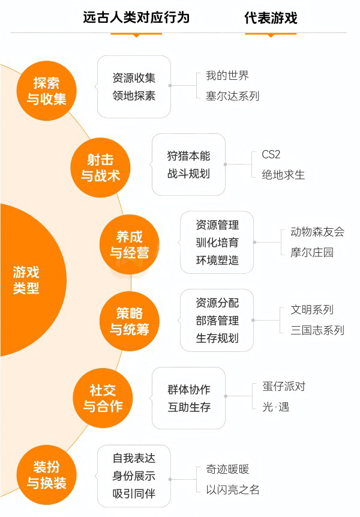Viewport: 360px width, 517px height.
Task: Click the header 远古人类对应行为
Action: click(x=136, y=17)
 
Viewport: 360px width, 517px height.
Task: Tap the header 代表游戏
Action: click(x=271, y=18)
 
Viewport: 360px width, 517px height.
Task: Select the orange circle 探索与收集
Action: click(x=46, y=91)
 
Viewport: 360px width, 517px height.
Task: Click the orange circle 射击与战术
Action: click(x=100, y=168)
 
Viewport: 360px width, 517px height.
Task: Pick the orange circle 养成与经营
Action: click(x=130, y=244)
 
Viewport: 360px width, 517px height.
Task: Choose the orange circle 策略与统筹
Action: click(x=130, y=321)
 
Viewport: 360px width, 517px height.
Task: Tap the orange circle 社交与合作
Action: click(x=103, y=398)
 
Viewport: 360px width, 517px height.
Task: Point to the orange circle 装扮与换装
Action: click(x=46, y=475)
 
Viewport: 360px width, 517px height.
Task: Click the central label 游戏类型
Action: click(x=26, y=280)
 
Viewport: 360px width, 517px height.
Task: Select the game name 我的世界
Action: click(x=227, y=76)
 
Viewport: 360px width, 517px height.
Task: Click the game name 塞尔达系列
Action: click(x=233, y=96)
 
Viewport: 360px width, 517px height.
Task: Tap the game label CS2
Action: click(x=271, y=154)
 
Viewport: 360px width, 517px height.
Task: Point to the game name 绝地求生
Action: click(x=283, y=175)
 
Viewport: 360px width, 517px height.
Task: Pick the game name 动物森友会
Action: click(x=317, y=232)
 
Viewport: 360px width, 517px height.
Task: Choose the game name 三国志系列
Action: click(x=317, y=330)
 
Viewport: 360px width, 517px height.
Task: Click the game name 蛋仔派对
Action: click(x=284, y=387)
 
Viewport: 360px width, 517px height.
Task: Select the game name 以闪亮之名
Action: click(x=233, y=489)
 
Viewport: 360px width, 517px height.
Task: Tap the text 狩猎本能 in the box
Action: click(x=188, y=156)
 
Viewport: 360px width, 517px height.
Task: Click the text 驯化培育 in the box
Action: click(x=217, y=243)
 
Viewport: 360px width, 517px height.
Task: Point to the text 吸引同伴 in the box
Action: click(x=134, y=494)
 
